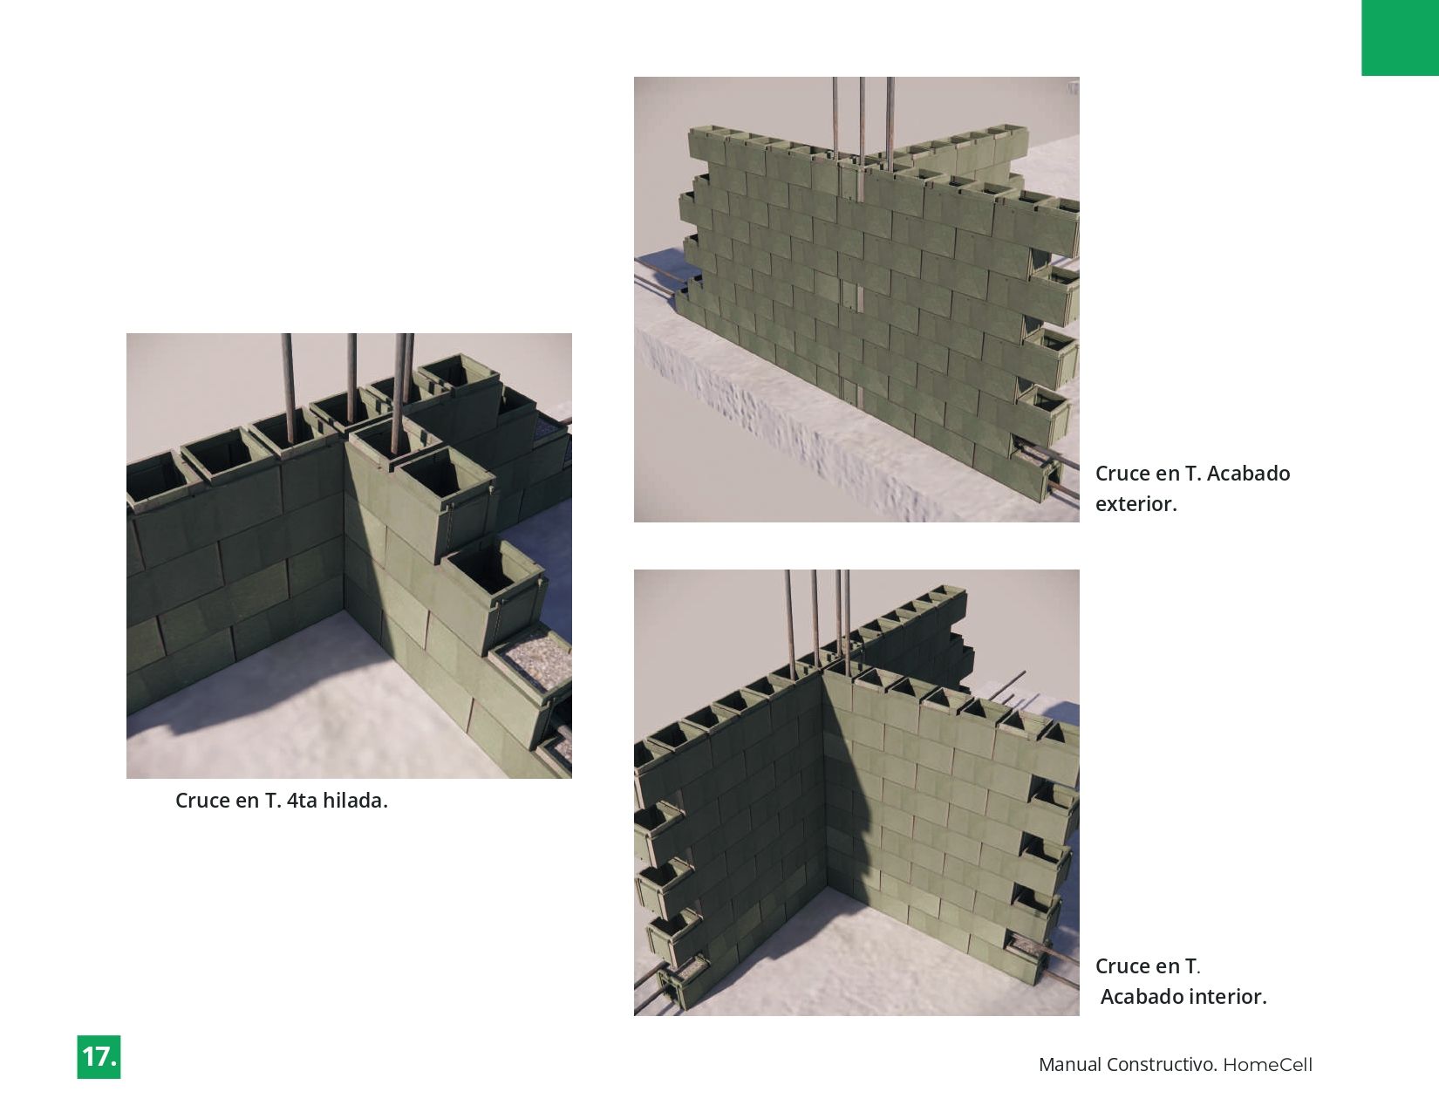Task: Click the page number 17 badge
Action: coord(99,1056)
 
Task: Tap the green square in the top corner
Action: coord(1400,38)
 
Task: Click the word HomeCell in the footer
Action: coord(1267,1065)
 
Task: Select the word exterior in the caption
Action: coord(1136,504)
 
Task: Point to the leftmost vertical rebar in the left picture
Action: coord(288,387)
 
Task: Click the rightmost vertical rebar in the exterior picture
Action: coord(890,122)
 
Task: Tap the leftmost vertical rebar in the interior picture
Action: coord(791,619)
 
